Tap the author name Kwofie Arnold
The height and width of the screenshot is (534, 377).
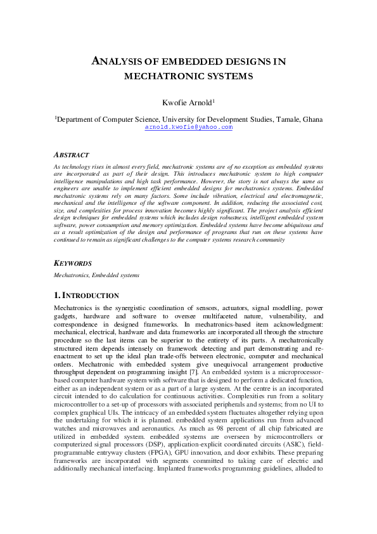(x=188, y=102)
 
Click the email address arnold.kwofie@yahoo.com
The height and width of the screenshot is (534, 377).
(x=189, y=127)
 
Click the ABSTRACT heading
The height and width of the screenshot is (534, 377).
(x=72, y=155)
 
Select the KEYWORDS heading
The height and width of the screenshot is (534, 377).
(x=73, y=263)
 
